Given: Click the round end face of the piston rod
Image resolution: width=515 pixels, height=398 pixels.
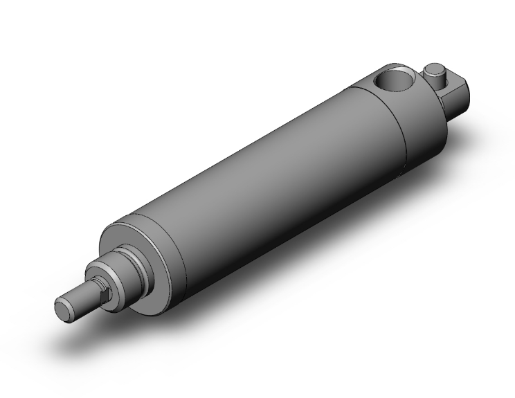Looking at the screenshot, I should click(x=63, y=308).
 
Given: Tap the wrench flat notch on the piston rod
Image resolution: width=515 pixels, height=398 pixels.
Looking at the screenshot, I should click(x=105, y=297).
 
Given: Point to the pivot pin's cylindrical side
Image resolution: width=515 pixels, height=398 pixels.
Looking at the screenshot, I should click(x=435, y=80).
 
